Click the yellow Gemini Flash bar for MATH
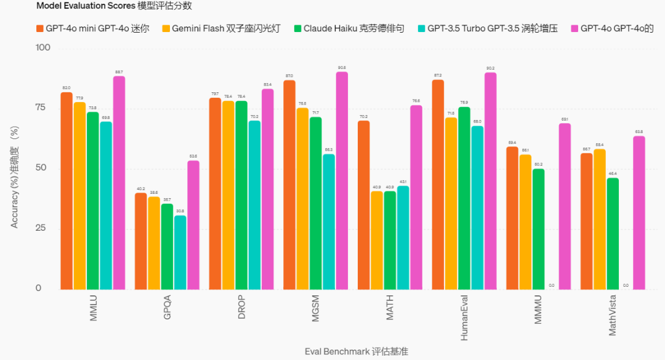(x=377, y=240)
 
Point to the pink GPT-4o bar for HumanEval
(x=491, y=181)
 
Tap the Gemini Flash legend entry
(x=221, y=28)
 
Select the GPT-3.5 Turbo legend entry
(x=486, y=28)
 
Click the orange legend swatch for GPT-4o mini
(x=40, y=28)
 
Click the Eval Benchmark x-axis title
(x=356, y=351)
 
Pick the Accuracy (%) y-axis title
(x=15, y=177)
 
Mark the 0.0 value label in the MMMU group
(x=551, y=286)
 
